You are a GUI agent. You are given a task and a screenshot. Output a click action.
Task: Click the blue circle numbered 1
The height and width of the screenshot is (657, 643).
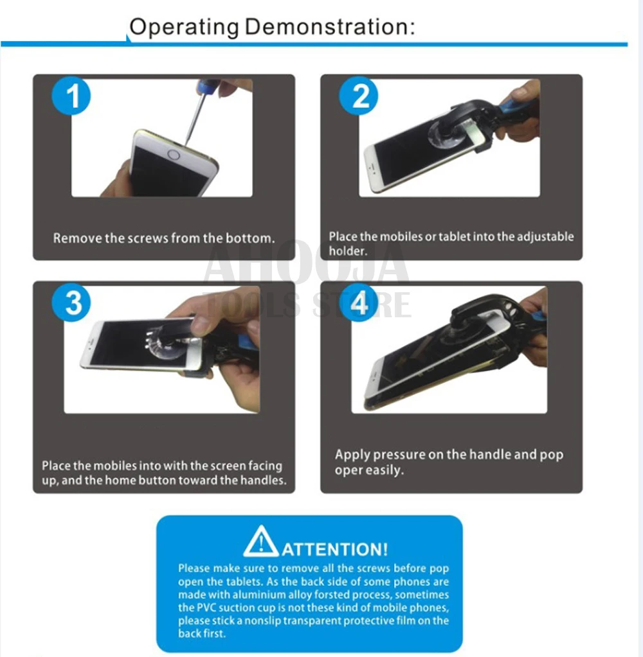71,96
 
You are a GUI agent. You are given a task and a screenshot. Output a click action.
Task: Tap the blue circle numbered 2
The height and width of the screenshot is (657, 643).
359,96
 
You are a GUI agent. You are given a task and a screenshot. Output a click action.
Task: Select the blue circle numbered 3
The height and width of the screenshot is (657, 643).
71,303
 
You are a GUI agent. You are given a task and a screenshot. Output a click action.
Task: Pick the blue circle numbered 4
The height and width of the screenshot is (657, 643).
359,303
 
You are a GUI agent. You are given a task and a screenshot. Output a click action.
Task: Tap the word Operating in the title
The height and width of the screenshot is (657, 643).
184,28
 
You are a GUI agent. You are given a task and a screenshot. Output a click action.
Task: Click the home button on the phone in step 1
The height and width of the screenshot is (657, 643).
174,155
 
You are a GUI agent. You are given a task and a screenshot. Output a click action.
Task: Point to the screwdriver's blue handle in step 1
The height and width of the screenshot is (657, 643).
208,86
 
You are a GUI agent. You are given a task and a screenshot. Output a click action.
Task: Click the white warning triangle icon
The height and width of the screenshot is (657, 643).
261,541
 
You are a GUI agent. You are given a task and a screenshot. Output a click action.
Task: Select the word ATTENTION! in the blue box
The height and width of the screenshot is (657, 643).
335,549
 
